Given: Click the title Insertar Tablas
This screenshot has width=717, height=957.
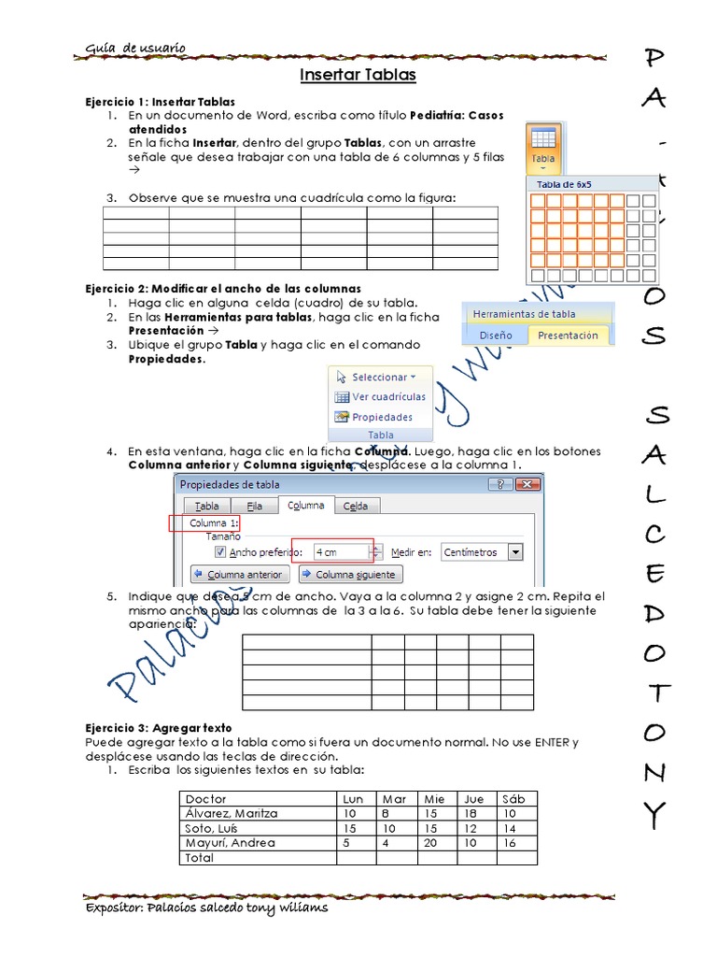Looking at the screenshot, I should tap(358, 75).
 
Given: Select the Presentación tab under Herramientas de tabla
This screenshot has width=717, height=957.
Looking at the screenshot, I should tap(569, 336).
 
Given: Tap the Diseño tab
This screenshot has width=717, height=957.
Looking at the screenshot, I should tap(496, 336).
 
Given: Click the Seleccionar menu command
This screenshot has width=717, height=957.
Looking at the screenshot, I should tap(374, 378).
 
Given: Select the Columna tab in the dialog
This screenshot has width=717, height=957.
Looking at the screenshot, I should tap(305, 506).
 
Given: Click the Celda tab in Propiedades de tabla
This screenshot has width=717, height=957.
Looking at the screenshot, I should tap(356, 507).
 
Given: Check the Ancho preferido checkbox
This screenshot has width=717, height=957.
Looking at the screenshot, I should tap(220, 552).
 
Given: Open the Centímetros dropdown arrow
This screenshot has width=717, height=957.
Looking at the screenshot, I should tap(515, 552).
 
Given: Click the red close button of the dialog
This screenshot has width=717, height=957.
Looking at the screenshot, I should tap(528, 484).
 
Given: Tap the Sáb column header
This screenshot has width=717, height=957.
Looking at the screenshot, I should tap(513, 799).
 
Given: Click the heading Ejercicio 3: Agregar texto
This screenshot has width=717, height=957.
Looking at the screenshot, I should tap(159, 727).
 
